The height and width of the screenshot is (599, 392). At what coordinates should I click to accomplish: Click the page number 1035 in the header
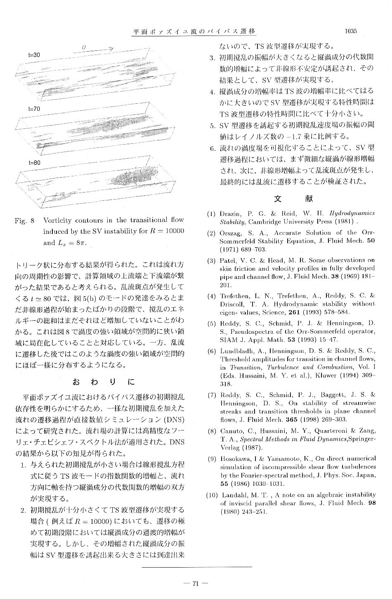(349, 31)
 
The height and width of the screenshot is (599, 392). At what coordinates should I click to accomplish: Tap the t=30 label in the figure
(34, 55)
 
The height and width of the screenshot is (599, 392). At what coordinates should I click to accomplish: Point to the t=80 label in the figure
(34, 163)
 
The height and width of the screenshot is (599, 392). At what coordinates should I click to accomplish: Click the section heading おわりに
(104, 381)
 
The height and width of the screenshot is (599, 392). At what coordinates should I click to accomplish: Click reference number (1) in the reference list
(211, 214)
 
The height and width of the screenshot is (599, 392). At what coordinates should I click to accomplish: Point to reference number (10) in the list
(212, 494)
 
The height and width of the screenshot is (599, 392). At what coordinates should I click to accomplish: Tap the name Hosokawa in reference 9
(236, 459)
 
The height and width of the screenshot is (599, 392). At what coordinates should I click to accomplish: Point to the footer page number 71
(196, 583)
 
